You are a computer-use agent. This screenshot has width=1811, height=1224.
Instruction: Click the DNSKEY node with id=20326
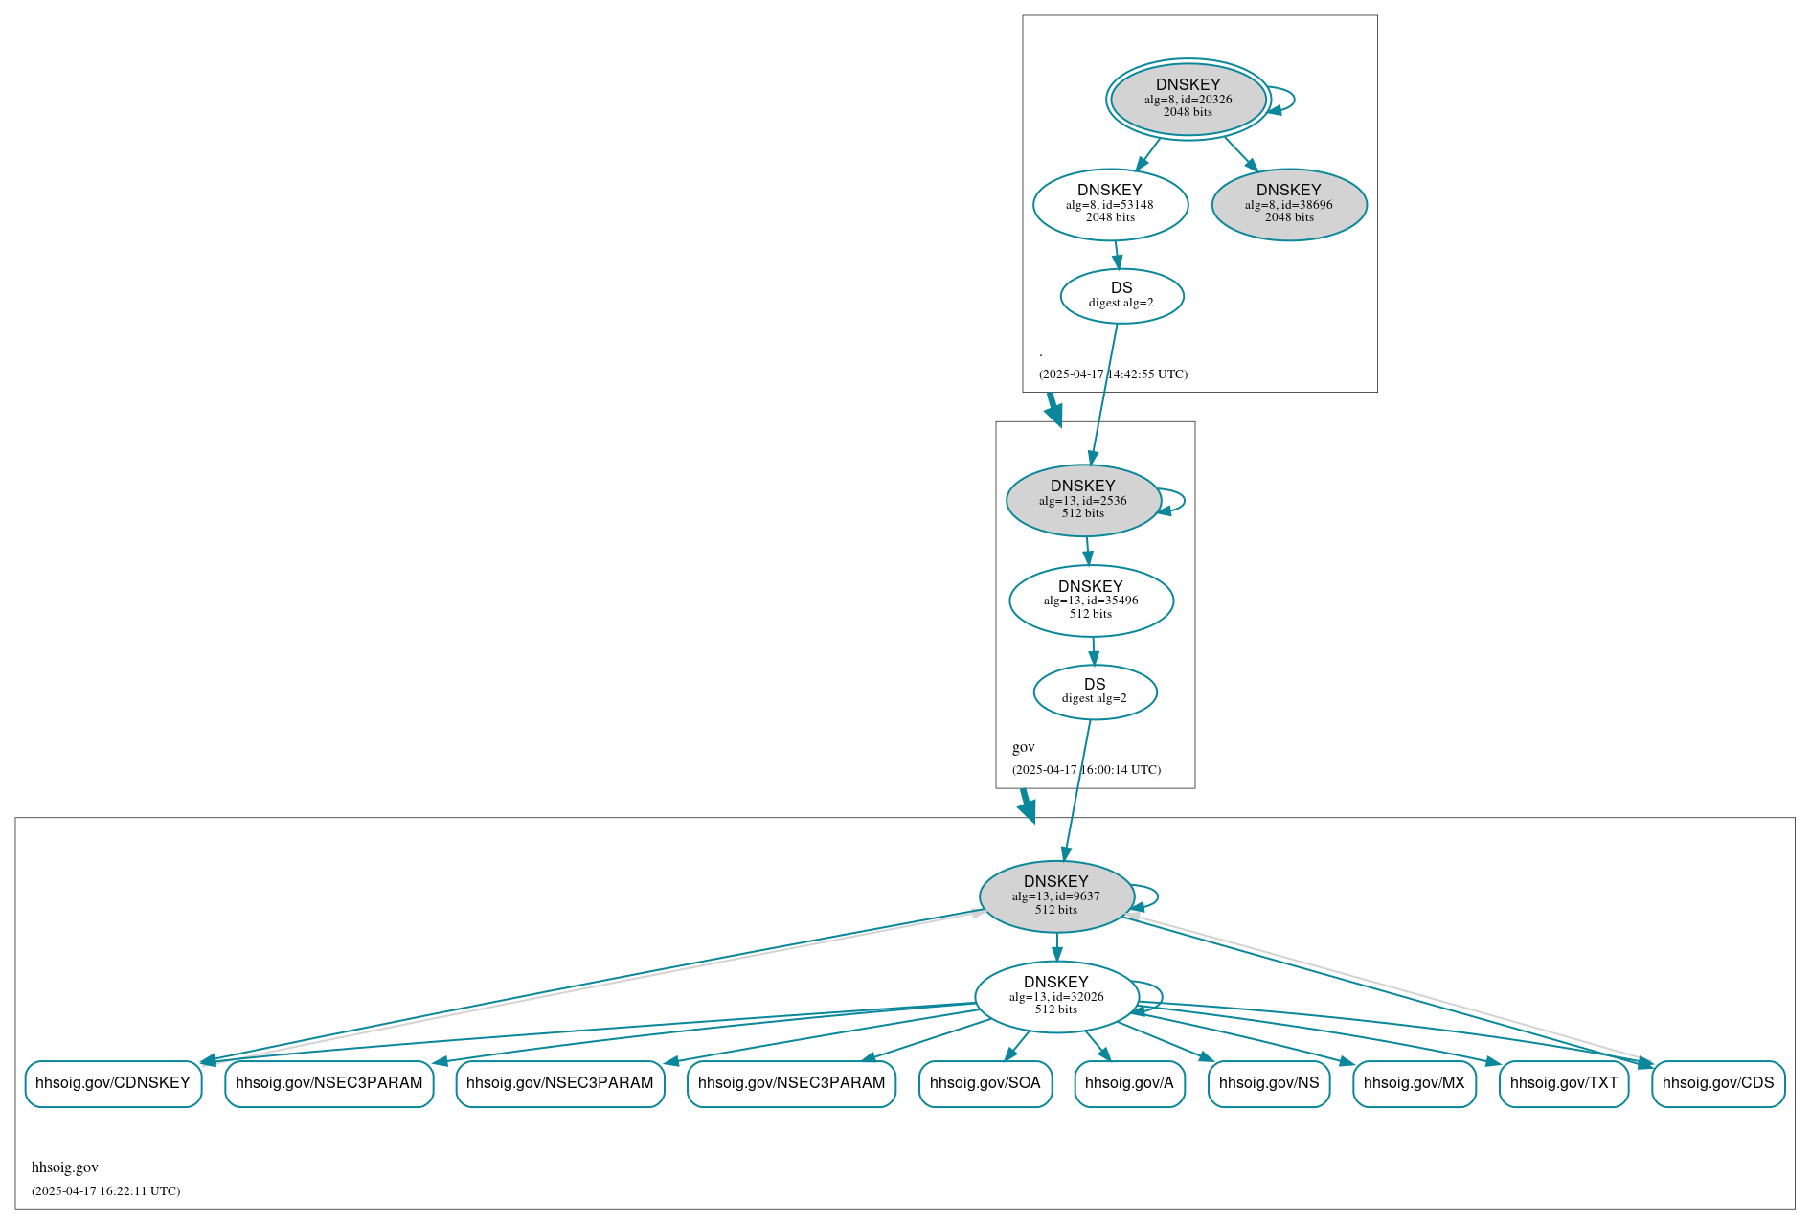pos(1188,99)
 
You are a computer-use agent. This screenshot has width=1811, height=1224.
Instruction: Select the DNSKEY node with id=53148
pos(1110,204)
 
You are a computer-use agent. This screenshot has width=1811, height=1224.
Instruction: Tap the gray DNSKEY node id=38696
pos(1288,204)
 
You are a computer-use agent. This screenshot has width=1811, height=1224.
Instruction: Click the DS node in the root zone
pos(1121,296)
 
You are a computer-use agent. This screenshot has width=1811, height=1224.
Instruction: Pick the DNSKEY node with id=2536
pos(1083,500)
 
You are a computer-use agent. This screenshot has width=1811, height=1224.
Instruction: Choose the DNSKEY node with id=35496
pos(1091,601)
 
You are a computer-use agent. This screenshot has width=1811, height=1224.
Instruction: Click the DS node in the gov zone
pos(1095,691)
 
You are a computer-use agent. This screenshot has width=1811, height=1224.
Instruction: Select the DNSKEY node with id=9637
pos(1056,896)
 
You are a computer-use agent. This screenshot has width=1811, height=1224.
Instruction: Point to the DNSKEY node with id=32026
pos(1056,996)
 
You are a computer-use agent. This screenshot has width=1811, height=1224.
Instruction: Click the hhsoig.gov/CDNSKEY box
pos(113,1083)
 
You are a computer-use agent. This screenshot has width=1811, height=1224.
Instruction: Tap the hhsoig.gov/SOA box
pos(985,1083)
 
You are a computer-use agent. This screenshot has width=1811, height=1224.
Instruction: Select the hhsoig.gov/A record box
pos(1129,1083)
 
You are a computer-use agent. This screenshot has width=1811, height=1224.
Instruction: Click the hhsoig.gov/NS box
pos(1268,1083)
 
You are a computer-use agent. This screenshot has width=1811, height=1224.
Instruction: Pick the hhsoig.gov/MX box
pos(1414,1083)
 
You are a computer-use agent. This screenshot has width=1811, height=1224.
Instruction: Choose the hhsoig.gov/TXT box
pos(1563,1083)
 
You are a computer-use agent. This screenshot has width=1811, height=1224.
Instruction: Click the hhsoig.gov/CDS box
pos(1717,1083)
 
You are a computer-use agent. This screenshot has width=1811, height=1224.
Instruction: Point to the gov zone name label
pos(1023,747)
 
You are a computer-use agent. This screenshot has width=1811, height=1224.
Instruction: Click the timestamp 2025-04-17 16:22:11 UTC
pos(105,1191)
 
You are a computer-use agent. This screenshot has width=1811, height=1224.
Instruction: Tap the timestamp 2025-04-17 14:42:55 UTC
pos(1113,374)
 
